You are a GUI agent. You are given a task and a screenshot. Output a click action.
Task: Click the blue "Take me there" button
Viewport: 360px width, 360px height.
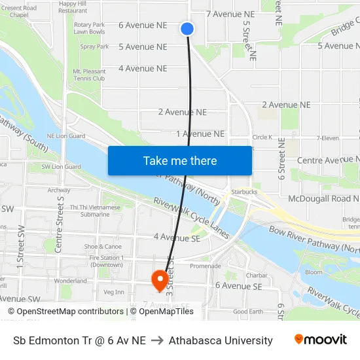(x=180, y=161)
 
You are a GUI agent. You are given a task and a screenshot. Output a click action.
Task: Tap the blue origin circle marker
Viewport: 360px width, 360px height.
(x=187, y=28)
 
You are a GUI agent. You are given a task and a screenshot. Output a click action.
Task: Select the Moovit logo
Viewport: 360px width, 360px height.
(x=320, y=340)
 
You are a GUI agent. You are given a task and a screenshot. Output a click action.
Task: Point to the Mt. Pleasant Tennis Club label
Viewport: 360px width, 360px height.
(x=89, y=75)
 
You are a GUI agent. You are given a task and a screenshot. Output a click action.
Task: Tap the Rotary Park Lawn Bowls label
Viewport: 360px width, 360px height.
(x=89, y=27)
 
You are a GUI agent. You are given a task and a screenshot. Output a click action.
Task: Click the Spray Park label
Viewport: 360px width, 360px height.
(x=94, y=46)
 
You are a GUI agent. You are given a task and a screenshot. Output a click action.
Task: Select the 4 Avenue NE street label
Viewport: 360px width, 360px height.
(x=143, y=68)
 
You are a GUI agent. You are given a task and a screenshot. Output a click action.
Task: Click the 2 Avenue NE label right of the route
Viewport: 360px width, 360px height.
(x=286, y=105)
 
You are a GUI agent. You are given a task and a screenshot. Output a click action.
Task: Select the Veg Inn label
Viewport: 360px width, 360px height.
(x=114, y=291)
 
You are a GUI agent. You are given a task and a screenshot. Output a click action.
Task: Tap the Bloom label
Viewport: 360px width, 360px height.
(x=314, y=272)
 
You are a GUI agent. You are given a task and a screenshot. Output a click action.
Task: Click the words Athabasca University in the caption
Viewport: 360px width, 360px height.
(x=221, y=340)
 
